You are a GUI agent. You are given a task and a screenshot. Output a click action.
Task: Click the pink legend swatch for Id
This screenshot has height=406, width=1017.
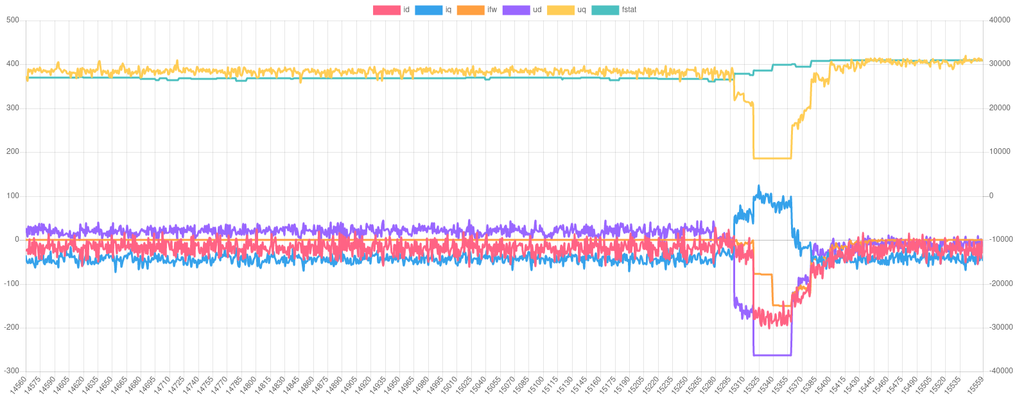tap(387, 10)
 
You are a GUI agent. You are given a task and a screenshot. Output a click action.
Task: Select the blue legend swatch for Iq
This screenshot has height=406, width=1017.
tap(428, 10)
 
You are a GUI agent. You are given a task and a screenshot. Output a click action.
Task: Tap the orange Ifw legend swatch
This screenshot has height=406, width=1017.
tap(470, 10)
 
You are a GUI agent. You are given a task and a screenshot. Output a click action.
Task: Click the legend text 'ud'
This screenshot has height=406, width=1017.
tap(537, 10)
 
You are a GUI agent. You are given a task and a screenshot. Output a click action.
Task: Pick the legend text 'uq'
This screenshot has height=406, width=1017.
tap(582, 10)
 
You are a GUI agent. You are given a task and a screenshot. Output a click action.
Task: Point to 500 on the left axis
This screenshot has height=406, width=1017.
tap(13, 20)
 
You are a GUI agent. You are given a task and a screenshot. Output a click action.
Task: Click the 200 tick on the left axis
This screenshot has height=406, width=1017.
tap(13, 151)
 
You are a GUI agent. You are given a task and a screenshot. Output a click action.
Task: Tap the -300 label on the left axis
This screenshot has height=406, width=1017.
tap(12, 371)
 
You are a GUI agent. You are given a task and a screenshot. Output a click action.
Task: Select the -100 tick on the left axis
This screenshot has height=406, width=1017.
tap(12, 283)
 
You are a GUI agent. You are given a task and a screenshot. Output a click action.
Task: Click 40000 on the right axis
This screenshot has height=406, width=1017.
tap(1000, 20)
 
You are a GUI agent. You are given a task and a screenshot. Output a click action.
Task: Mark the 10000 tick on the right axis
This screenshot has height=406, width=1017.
tap(1000, 151)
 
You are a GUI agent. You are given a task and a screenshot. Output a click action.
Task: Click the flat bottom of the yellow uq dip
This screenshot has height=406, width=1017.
tap(772, 158)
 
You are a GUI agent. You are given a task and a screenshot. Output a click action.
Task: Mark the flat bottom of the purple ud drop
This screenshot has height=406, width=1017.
tap(772, 355)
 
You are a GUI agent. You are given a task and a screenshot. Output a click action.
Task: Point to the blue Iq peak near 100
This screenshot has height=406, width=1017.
tap(759, 187)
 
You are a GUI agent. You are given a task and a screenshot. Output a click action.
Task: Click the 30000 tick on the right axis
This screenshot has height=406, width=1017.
tap(1000, 63)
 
